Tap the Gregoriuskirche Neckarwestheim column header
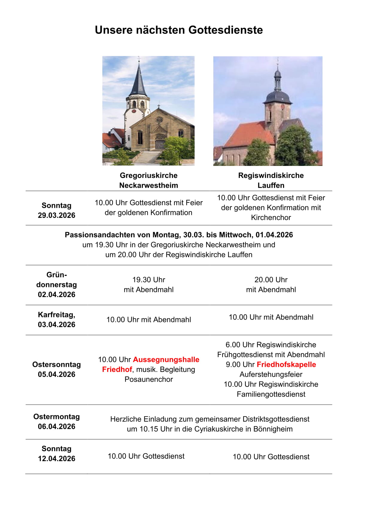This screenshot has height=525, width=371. point(148,180)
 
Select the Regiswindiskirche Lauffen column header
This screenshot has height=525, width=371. point(271,180)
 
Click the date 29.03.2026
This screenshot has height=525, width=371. point(57,215)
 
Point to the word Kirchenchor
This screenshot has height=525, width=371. point(271,218)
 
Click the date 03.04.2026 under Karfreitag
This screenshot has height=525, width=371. point(57,325)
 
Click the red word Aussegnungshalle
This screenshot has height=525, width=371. point(166,360)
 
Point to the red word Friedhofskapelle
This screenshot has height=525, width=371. point(286,364)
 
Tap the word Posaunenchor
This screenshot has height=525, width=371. point(149,379)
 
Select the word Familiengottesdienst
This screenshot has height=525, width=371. point(271,394)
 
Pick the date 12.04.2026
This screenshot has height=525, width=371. point(57,459)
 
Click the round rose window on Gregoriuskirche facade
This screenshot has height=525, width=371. point(159,120)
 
